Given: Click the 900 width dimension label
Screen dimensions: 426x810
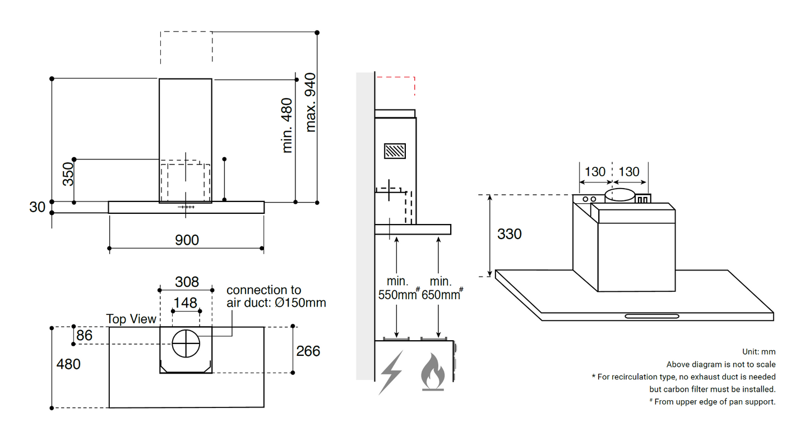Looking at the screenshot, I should coord(187,240).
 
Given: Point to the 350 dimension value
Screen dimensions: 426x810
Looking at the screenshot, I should coord(67,174).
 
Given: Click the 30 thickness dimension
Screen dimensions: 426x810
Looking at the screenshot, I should coord(37,207).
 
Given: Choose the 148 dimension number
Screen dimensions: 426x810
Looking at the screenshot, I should coord(185,303).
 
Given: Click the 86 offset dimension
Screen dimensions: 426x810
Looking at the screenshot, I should coord(85,336).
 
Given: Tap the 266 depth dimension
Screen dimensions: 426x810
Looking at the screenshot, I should coord(308,351).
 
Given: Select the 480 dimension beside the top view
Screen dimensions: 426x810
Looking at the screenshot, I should coord(68,364).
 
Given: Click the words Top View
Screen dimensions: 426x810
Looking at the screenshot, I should coord(131,319).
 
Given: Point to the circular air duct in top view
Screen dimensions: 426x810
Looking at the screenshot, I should coord(186,343).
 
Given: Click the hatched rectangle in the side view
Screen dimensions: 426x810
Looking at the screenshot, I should coord(395,152).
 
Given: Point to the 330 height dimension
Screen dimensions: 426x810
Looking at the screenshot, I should coord(509,234).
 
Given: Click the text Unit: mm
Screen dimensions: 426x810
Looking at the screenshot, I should coord(758,352).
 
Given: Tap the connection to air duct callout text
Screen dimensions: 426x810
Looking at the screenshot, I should coord(276,296).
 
